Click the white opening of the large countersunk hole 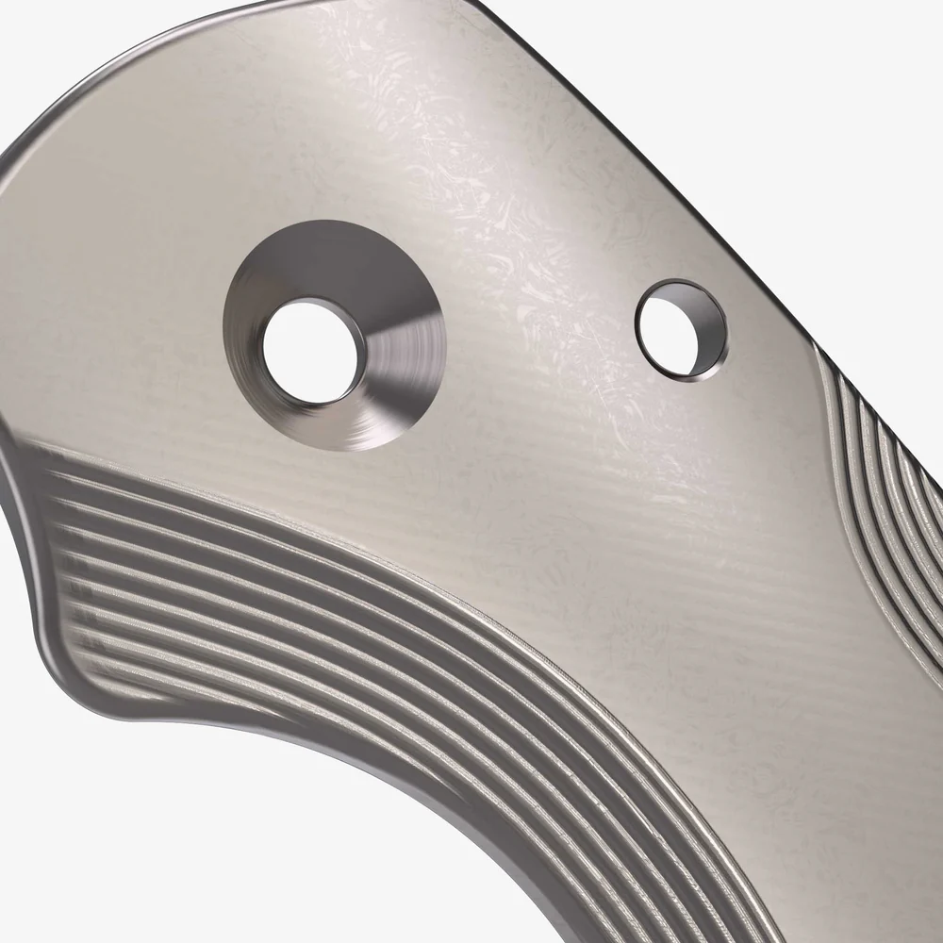click(309, 350)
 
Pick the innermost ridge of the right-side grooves click(830, 424)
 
